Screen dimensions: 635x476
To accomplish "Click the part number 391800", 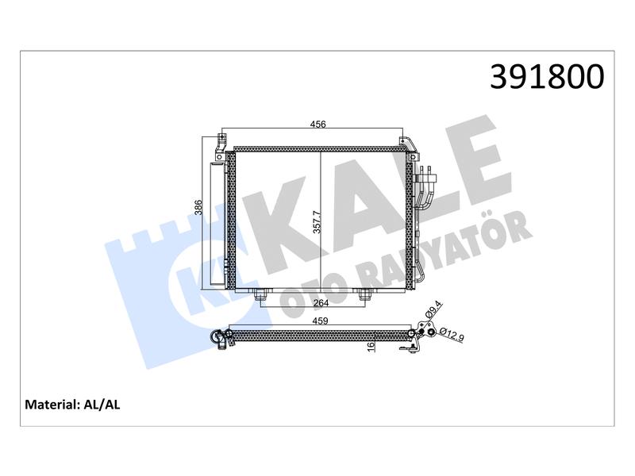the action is pyautogui.click(x=547, y=77).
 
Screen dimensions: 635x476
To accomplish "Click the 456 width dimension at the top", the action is pyautogui.click(x=318, y=125).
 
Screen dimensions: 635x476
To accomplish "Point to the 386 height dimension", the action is pyautogui.click(x=198, y=208).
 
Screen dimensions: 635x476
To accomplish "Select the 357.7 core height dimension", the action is pyautogui.click(x=317, y=222).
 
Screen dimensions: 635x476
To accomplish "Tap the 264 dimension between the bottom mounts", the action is pyautogui.click(x=321, y=302).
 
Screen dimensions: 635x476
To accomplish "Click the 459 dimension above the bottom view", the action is pyautogui.click(x=320, y=321).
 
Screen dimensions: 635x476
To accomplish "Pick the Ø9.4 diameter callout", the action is pyautogui.click(x=433, y=309).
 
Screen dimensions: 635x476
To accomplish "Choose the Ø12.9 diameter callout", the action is pyautogui.click(x=450, y=335).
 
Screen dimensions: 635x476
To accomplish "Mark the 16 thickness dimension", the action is pyautogui.click(x=371, y=347).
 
